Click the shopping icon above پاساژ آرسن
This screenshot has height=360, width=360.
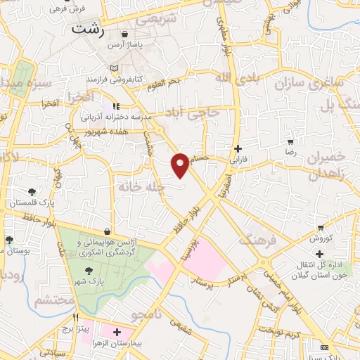(x=125, y=34)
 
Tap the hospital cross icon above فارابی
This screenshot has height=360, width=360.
(x=238, y=148)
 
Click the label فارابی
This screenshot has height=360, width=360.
(x=238, y=160)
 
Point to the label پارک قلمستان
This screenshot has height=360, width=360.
(x=32, y=202)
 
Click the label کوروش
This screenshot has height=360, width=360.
(x=321, y=238)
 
